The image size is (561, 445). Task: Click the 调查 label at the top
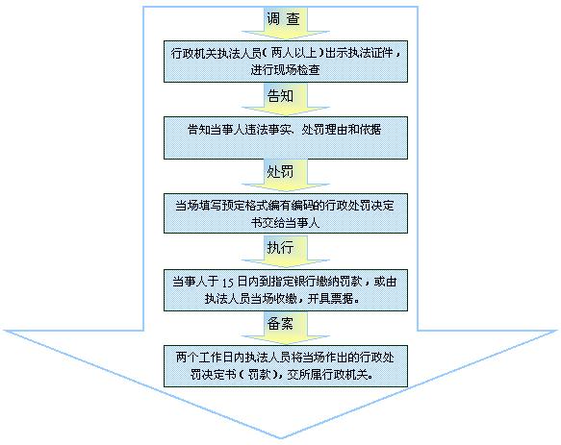click(283, 18)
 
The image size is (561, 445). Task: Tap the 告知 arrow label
click(280, 95)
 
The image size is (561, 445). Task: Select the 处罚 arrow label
click(280, 172)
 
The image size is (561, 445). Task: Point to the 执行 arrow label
click(280, 247)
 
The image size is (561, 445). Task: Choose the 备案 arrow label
click(280, 324)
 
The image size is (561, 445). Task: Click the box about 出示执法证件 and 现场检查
click(286, 62)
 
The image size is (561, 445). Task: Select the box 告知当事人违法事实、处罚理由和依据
click(286, 137)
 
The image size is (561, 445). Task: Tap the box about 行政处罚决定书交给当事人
click(286, 213)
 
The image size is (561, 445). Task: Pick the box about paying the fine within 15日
click(286, 290)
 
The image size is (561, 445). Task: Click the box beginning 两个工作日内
click(286, 366)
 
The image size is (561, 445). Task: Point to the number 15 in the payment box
click(228, 283)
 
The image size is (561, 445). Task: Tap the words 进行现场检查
click(285, 70)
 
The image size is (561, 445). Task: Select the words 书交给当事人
click(285, 222)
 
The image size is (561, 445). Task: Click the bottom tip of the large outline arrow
click(281, 438)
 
